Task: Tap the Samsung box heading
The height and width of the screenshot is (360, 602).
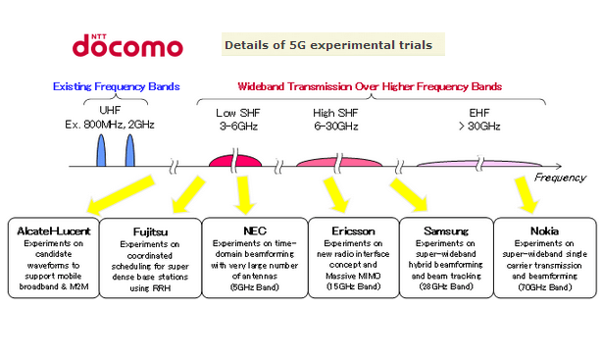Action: [x=446, y=231]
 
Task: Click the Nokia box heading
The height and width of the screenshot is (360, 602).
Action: [x=542, y=231]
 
